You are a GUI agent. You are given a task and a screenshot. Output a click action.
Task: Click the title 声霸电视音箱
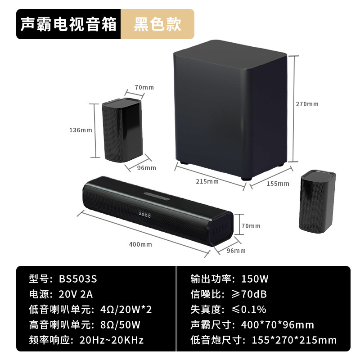point(68,24)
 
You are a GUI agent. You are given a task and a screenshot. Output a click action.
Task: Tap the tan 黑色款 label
point(157,24)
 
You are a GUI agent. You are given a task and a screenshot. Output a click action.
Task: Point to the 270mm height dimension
point(307,104)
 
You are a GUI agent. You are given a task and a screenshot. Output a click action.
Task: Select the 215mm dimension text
point(207,181)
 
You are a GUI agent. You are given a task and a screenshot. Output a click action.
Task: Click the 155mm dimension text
point(278,184)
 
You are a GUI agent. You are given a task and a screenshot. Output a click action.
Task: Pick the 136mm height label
point(81,130)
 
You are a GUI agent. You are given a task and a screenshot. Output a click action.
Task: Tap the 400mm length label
point(140,244)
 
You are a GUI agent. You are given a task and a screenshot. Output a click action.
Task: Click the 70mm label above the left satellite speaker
point(144,87)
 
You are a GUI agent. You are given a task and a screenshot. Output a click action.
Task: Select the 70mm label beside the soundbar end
point(251,226)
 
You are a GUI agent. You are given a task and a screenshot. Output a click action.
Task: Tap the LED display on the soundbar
point(145,215)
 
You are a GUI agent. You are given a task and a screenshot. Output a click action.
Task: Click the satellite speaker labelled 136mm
point(121,130)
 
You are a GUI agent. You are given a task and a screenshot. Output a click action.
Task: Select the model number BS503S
point(78,279)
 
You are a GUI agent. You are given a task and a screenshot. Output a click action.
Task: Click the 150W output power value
point(255,279)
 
